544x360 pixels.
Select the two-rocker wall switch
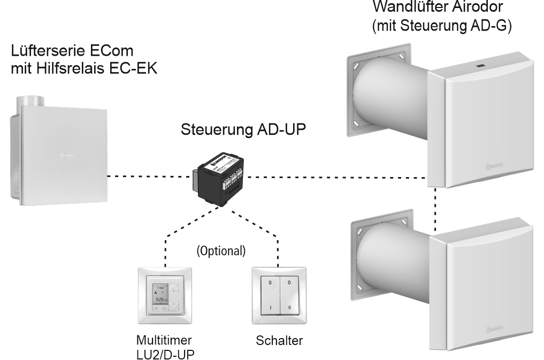[x=278, y=298]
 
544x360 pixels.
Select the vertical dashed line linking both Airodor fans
[x=436, y=209]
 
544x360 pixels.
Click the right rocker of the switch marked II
[x=290, y=298]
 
